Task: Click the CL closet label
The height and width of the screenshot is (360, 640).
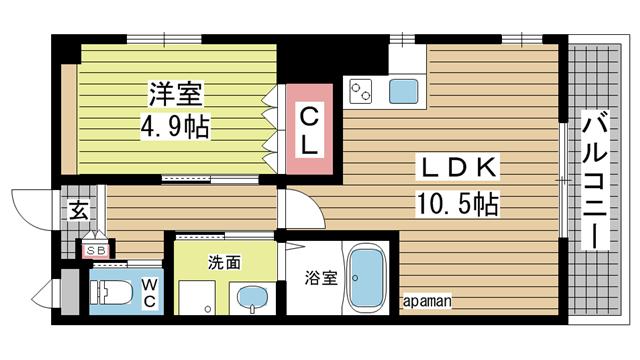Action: [x=311, y=130]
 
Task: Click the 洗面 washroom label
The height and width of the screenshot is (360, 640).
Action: [x=224, y=264]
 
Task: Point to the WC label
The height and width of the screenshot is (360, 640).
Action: [x=149, y=292]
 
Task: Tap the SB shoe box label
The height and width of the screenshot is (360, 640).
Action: [x=97, y=250]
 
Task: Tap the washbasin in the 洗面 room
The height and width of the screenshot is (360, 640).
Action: [x=251, y=297]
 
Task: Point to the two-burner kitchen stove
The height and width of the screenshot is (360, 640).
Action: [x=361, y=93]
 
